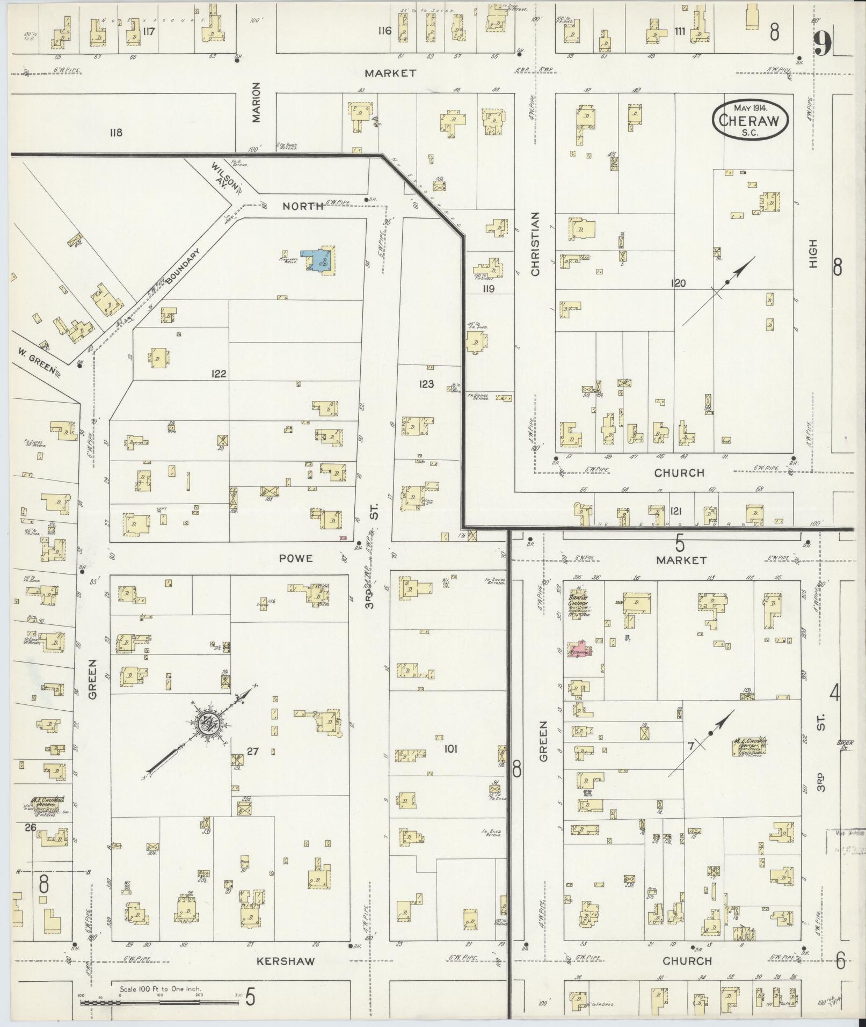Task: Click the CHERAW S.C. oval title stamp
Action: [x=750, y=121]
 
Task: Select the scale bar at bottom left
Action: [x=161, y=1000]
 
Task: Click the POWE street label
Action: [x=295, y=558]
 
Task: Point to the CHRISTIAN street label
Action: [x=535, y=244]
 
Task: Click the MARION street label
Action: [x=256, y=102]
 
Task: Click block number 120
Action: [x=678, y=283]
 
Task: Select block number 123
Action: [x=427, y=384]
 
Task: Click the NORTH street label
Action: [x=303, y=206]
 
